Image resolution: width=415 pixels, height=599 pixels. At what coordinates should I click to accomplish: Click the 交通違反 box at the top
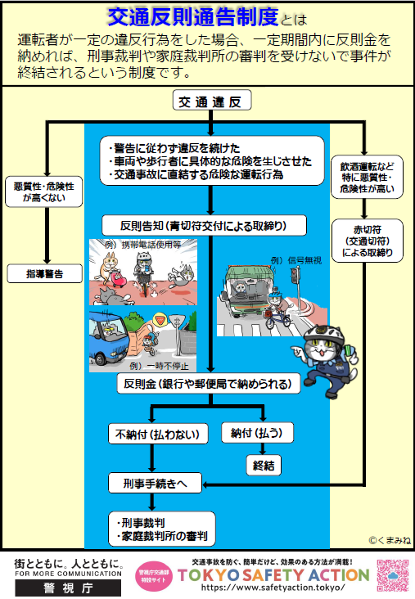point(212,102)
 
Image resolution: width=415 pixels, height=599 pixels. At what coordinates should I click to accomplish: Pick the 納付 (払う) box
point(256,432)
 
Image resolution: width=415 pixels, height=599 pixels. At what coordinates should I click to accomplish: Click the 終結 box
point(263,464)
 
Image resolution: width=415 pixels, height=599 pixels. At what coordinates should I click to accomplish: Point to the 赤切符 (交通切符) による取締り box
point(368,240)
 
